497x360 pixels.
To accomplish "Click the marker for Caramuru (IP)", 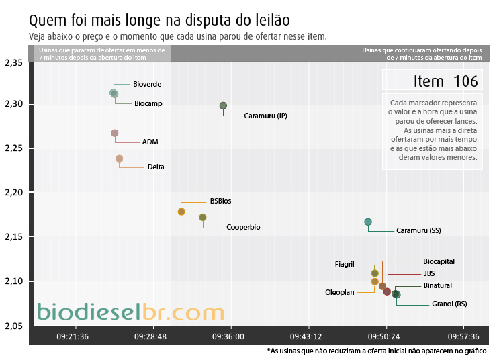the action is point(223,105).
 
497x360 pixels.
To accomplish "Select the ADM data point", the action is point(115,133).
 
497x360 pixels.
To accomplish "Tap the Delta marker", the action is point(119,159).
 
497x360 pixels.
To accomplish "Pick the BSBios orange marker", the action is point(181,212).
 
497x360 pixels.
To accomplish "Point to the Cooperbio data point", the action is point(203,217).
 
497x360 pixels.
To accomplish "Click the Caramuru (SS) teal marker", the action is point(368,222).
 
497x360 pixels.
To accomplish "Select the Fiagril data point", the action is point(375,273).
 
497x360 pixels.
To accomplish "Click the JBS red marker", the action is point(387,291).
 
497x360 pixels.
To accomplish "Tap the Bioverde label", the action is point(147,85).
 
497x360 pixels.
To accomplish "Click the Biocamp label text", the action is point(148,103).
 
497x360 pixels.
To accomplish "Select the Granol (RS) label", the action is point(449,304).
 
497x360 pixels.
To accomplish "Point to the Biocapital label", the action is point(439,261).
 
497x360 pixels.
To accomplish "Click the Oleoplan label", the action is point(340,292).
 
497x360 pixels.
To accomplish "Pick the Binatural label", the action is point(438,285).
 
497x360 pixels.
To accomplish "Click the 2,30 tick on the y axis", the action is point(14,104).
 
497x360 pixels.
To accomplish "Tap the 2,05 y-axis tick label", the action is point(14,326).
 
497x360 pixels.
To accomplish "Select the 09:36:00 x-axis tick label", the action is point(228,336).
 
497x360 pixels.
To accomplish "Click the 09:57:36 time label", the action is point(463,336).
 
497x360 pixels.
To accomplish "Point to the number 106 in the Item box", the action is point(465,81).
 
